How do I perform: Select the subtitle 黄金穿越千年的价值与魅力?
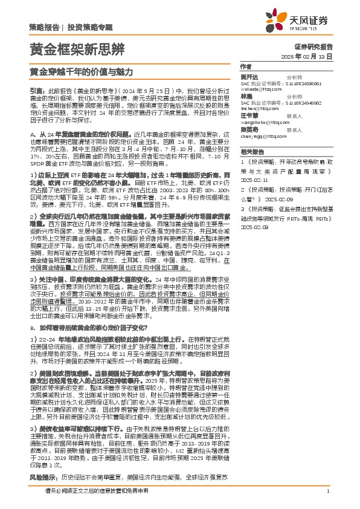[x=81, y=71]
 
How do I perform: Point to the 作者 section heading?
[x=245, y=66]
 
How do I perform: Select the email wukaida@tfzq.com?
[x=258, y=88]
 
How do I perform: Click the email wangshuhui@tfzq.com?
[x=262, y=121]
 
